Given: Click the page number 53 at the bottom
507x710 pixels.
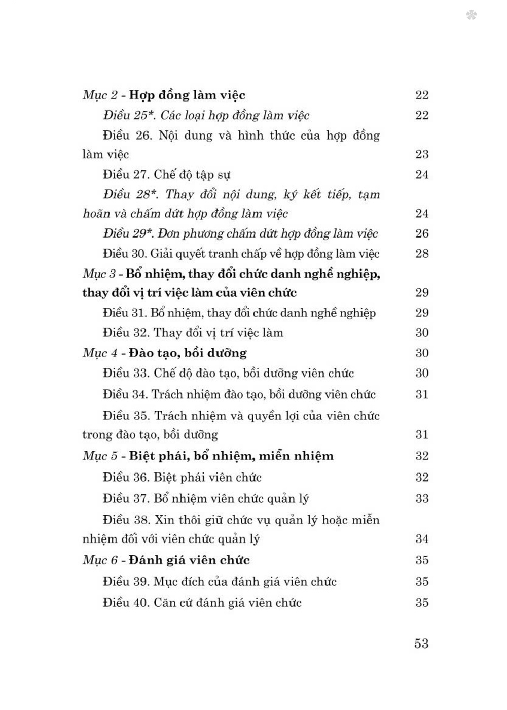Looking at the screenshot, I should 421,644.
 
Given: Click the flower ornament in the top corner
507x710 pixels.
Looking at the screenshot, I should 471,16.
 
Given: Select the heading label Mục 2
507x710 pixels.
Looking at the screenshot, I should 100,95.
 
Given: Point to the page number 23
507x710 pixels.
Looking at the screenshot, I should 422,154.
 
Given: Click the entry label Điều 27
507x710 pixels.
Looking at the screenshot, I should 125,175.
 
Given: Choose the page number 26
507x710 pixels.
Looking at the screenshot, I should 422,233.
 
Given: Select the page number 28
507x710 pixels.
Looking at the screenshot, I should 422,254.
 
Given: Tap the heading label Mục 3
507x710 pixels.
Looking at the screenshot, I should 100,274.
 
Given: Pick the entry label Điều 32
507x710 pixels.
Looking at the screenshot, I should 125,333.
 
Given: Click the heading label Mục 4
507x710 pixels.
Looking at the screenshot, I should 100,353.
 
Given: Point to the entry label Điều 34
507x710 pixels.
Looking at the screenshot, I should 125,394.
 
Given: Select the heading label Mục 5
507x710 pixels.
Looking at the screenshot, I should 100,456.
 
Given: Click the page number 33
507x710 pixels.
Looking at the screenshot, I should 422,498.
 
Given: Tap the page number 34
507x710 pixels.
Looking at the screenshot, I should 422,539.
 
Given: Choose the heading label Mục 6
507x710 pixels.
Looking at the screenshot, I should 100,561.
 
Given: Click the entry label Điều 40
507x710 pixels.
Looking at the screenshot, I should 125,603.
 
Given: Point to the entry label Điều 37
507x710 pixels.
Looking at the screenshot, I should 125,498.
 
